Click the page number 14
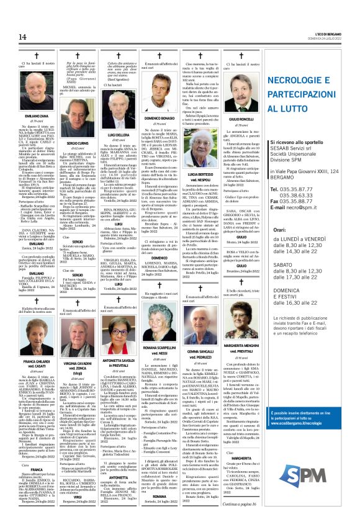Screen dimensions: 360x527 13,39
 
